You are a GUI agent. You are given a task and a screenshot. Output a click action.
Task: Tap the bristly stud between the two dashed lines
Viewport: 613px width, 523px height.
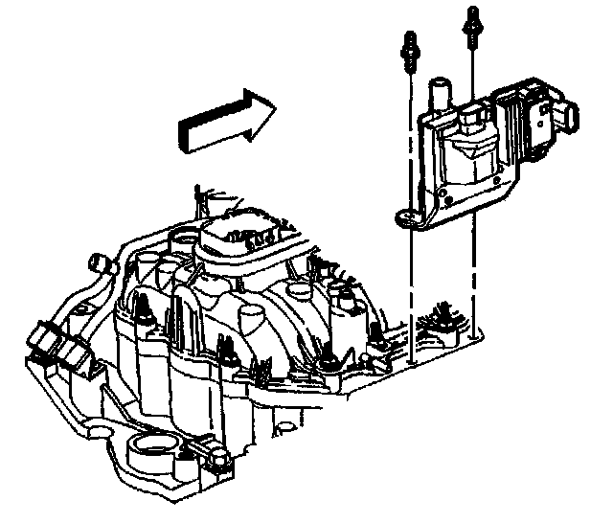(443, 317)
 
